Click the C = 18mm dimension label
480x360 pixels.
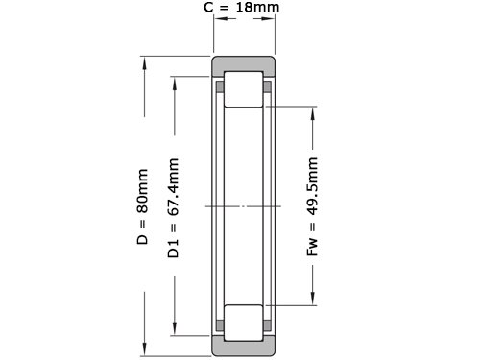pos(242,7)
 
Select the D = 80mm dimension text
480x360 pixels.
pos(142,206)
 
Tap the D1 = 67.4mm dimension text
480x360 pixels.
pos(173,208)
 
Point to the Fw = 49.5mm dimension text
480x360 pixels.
pos(312,206)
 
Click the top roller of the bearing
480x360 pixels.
pos(244,89)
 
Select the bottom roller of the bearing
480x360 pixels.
pos(244,323)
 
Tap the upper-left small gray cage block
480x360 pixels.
pos(220,86)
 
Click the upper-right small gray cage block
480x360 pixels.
pos(267,86)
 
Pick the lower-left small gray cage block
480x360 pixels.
pos(220,325)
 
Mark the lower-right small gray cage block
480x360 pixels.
pos(267,325)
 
